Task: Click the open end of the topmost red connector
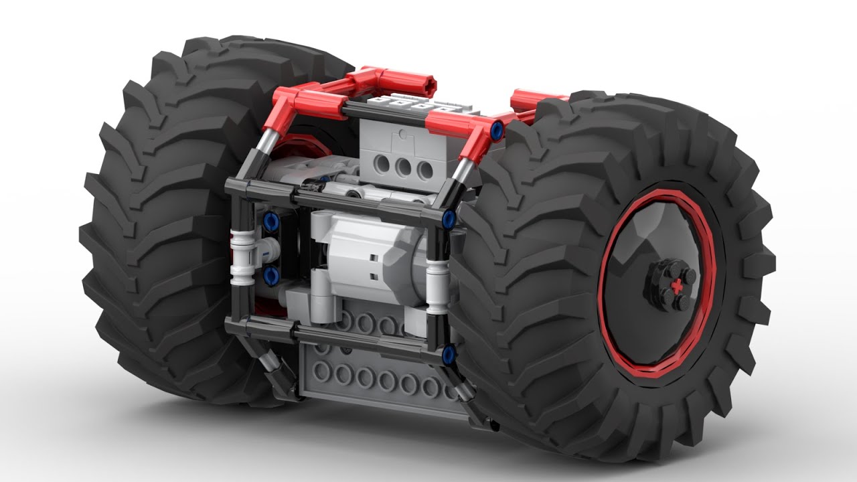pos(427,86)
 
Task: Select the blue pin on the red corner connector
pos(497,129)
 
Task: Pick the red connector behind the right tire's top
pos(529,100)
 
